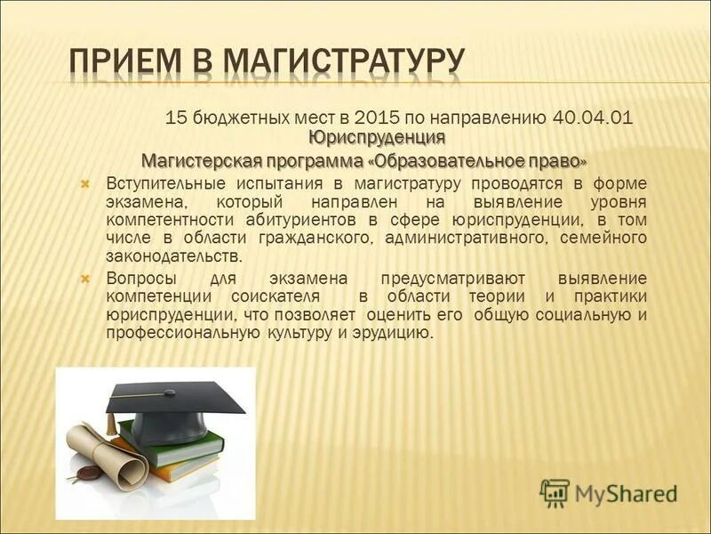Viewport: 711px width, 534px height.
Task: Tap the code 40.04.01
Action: pos(593,117)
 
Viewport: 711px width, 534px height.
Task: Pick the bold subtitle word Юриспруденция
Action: pos(377,137)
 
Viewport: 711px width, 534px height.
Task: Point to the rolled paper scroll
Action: pos(105,454)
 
